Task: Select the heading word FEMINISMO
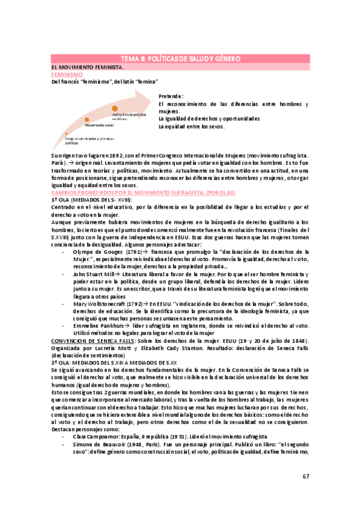(67, 74)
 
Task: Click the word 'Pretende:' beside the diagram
(171, 96)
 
